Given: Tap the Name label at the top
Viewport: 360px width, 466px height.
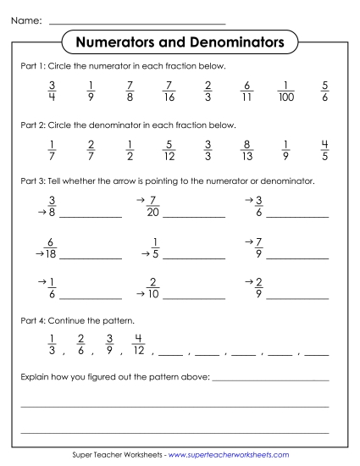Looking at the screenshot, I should coord(25,19).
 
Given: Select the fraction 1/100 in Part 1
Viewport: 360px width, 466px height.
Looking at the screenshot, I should coord(288,91).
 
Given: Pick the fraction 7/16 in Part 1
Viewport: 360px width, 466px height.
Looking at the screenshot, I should coord(169,91).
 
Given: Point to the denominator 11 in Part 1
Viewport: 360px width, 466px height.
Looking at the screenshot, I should coord(247,97).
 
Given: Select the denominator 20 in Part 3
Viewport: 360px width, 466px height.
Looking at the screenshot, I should coord(153,213).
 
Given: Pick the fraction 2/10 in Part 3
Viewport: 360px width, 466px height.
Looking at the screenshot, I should coord(153,288).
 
